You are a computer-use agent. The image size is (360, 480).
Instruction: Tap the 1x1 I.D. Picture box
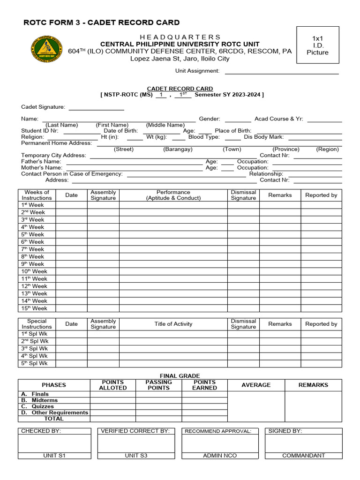point(317,45)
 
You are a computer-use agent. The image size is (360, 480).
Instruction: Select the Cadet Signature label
point(43,107)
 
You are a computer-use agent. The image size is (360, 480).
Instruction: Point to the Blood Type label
point(204,137)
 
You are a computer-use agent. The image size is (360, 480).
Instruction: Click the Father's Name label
point(41,162)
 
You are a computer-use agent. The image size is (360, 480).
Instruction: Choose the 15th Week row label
point(34,308)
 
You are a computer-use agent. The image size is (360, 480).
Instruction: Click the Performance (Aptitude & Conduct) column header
point(173,195)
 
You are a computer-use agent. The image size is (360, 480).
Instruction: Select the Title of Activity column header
point(173,324)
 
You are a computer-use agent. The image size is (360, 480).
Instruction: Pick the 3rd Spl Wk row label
point(34,349)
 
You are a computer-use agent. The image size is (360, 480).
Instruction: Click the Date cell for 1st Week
point(71,205)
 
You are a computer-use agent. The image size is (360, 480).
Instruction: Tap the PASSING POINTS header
point(158,385)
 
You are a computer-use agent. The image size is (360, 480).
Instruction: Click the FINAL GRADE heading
point(180,376)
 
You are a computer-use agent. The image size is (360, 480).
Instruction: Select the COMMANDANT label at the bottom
point(303,456)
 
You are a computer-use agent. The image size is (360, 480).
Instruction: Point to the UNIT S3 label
point(136,456)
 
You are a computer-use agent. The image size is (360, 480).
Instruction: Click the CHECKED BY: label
point(41,431)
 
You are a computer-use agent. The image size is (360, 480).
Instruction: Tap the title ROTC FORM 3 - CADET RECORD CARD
point(102,22)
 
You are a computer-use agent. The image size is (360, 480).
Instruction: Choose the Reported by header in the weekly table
point(321,195)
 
